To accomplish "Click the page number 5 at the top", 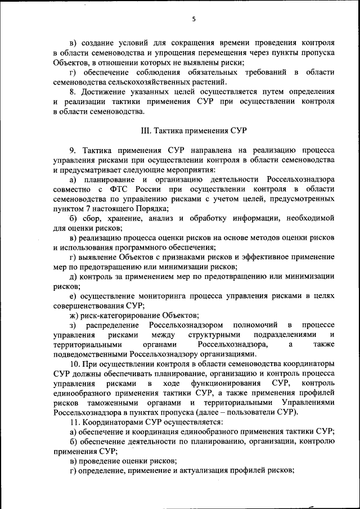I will click(193, 19).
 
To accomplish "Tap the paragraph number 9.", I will click(73, 151).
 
